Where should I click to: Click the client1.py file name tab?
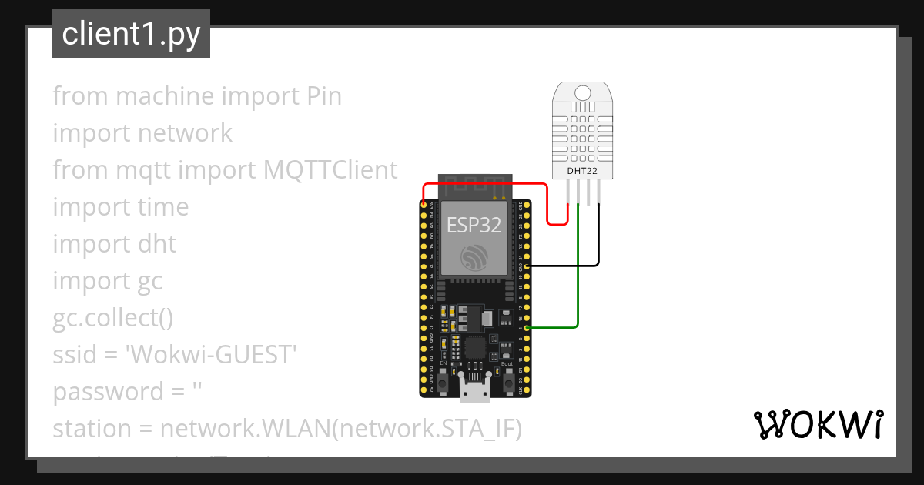pyautogui.click(x=131, y=35)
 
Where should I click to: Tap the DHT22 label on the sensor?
pyautogui.click(x=583, y=170)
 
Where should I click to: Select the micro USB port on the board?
pyautogui.click(x=475, y=390)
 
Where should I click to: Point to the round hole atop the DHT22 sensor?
pyautogui.click(x=583, y=93)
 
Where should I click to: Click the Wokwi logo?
pyautogui.click(x=818, y=425)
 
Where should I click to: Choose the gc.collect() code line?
pyautogui.click(x=112, y=318)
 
